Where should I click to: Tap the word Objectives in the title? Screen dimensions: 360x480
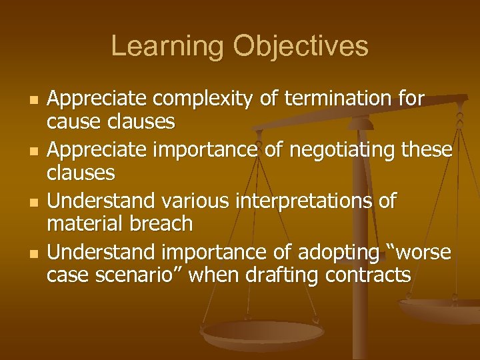[x=301, y=47]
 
